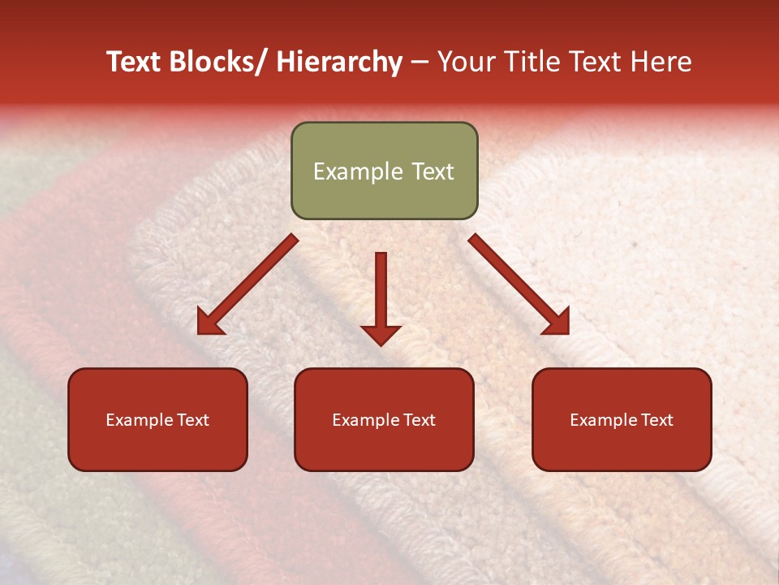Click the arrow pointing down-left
pyautogui.click(x=247, y=285)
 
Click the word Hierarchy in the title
pyautogui.click(x=339, y=62)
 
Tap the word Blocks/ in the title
pyautogui.click(x=218, y=62)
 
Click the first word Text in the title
pyautogui.click(x=136, y=62)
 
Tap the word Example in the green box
pyautogui.click(x=358, y=171)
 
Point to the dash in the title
pyautogui.click(x=420, y=63)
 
